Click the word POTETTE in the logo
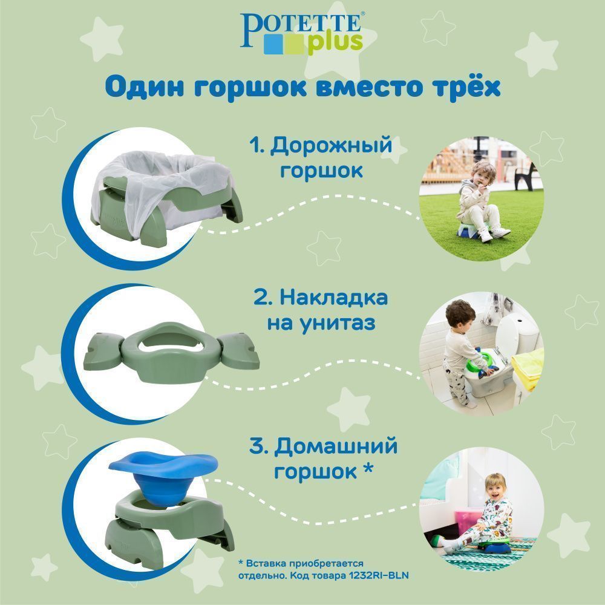[x=301, y=26]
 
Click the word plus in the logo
[x=335, y=42]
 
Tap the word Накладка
[x=334, y=298]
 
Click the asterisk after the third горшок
[x=368, y=469]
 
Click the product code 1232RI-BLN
[x=378, y=576]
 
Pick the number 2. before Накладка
[x=264, y=298]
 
